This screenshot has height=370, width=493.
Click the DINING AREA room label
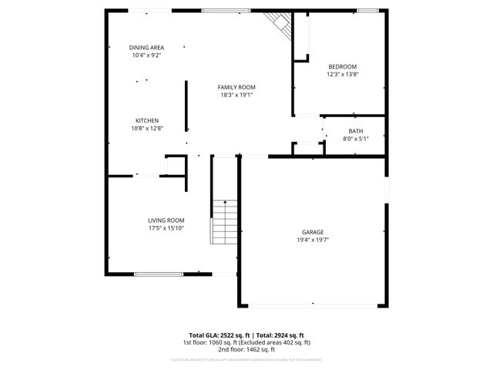(x=146, y=48)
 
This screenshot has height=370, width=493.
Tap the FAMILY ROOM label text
(x=236, y=87)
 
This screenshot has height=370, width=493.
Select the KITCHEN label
(x=147, y=121)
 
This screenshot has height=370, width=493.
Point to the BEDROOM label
(x=343, y=67)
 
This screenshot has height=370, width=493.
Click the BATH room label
(x=355, y=131)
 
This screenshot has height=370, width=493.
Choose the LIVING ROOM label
(x=166, y=220)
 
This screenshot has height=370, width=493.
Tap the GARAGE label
(x=313, y=232)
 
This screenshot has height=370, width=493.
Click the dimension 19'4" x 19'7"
(x=313, y=240)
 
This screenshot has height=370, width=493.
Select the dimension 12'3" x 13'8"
(x=343, y=75)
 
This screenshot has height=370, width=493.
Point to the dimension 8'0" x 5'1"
(x=355, y=139)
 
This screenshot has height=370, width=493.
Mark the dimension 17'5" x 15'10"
(x=166, y=228)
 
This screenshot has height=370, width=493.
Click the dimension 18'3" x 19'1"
(x=236, y=95)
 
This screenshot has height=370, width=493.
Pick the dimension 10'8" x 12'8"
(x=147, y=129)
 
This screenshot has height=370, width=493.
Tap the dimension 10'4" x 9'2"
(x=146, y=55)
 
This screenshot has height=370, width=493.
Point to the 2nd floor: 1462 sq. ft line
(x=246, y=349)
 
